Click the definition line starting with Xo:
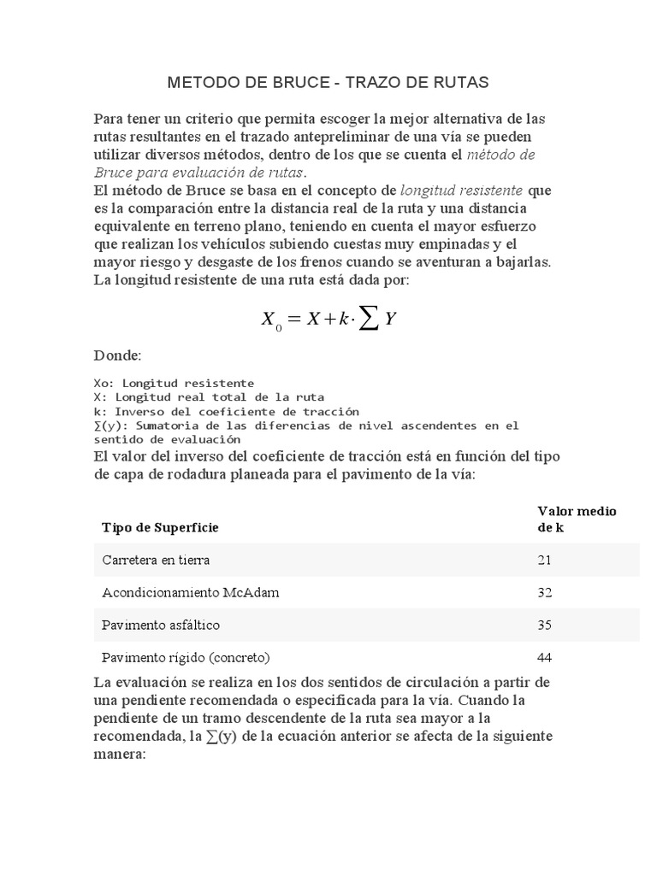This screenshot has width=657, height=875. pyautogui.click(x=174, y=383)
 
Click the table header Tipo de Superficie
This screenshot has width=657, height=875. pyautogui.click(x=160, y=527)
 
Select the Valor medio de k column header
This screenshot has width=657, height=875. pyautogui.click(x=577, y=519)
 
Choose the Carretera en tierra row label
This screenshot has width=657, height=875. pyautogui.click(x=156, y=561)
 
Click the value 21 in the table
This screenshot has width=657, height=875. pyautogui.click(x=545, y=561)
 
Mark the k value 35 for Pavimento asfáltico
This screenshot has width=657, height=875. pyautogui.click(x=545, y=625)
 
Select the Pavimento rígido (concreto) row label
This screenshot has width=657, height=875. pyautogui.click(x=186, y=658)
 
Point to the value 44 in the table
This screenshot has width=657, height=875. pyautogui.click(x=545, y=658)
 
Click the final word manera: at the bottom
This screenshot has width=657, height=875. pyautogui.click(x=120, y=755)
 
